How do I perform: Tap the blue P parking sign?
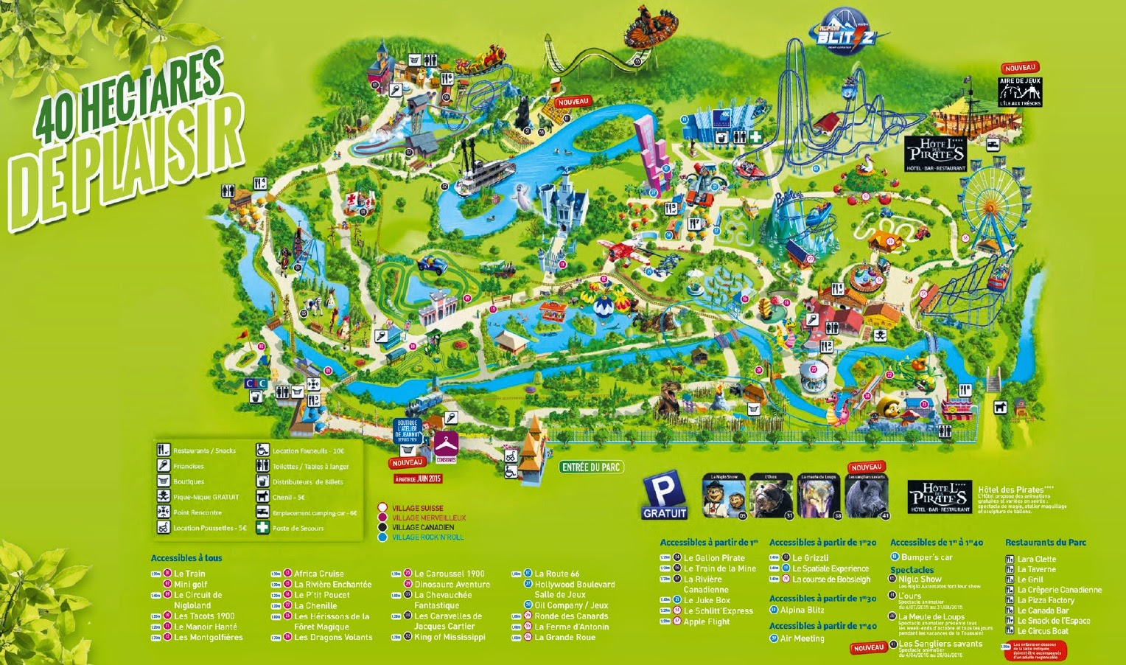(664, 497)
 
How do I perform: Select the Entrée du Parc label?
(592, 467)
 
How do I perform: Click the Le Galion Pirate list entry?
(713, 558)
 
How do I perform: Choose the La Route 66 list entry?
(556, 574)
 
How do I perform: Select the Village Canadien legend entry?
(423, 528)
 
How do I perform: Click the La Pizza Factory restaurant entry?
(1045, 600)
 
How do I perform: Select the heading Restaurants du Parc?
(1045, 543)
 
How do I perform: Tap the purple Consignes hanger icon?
(446, 445)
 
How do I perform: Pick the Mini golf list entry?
(190, 585)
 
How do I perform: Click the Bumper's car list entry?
(926, 557)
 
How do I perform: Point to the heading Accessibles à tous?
(186, 558)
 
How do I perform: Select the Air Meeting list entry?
(802, 638)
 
